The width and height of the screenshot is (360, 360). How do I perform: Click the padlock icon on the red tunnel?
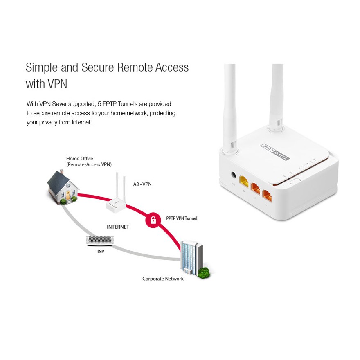(x=153, y=220)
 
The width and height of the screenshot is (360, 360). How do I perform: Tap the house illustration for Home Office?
(x=63, y=187)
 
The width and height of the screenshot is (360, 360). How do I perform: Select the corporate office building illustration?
(x=192, y=258)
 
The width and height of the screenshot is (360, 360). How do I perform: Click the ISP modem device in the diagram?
(x=100, y=241)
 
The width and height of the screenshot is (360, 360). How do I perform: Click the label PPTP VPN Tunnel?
(x=182, y=218)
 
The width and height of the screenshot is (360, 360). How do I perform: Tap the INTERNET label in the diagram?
(x=118, y=227)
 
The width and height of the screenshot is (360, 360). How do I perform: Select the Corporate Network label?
(x=163, y=279)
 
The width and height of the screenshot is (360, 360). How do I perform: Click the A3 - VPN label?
(x=142, y=184)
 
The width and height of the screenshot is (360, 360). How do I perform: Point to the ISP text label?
(x=101, y=252)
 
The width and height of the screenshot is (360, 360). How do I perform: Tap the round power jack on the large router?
(x=234, y=175)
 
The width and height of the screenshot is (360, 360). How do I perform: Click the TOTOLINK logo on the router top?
(x=275, y=153)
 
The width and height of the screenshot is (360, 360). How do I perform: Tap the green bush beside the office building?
(x=203, y=273)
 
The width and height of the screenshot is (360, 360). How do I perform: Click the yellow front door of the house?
(x=68, y=196)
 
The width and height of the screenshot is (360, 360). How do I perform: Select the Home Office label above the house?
(x=80, y=159)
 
